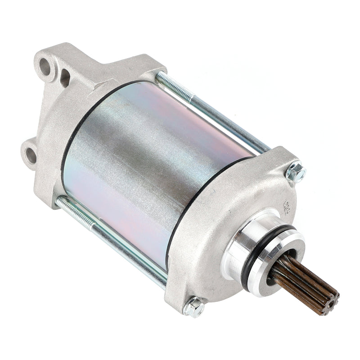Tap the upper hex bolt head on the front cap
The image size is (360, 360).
pyautogui.click(x=296, y=171)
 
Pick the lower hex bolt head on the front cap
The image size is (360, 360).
pyautogui.click(x=195, y=307)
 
